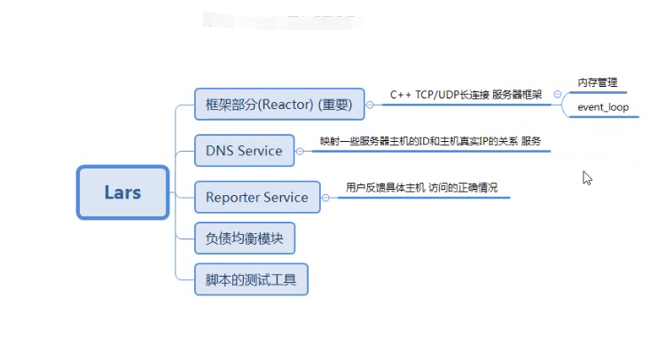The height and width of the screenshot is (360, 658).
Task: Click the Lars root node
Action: (x=122, y=192)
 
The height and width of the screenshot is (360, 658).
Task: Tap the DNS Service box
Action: (x=244, y=151)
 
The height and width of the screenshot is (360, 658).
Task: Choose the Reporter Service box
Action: (x=256, y=197)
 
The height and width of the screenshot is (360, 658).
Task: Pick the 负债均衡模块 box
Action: (x=244, y=239)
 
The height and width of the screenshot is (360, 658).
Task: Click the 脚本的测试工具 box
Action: (x=251, y=281)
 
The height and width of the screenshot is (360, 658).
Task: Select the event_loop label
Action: (x=603, y=107)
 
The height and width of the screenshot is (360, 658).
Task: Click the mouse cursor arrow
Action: (x=586, y=176)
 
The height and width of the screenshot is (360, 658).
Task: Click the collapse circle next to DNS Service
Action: (x=300, y=151)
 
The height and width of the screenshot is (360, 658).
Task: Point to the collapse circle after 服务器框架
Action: (x=556, y=95)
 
